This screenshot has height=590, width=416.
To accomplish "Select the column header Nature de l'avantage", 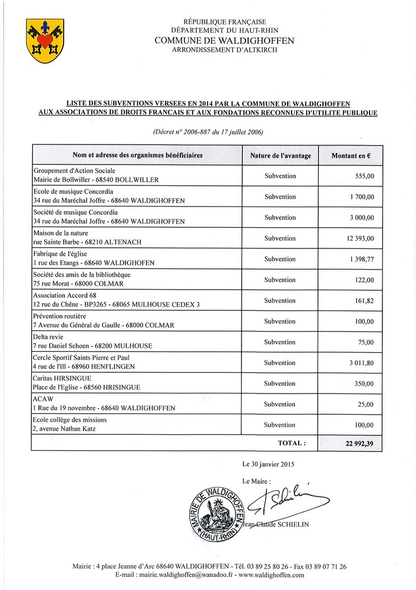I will pos(280,155).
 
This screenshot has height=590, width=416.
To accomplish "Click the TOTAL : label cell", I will pos(292,442).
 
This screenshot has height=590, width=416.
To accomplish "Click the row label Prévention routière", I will pos(63,316).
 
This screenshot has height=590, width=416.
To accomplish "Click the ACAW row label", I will pos(42,399).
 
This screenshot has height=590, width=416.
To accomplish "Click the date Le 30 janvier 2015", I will pos(268,464).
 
